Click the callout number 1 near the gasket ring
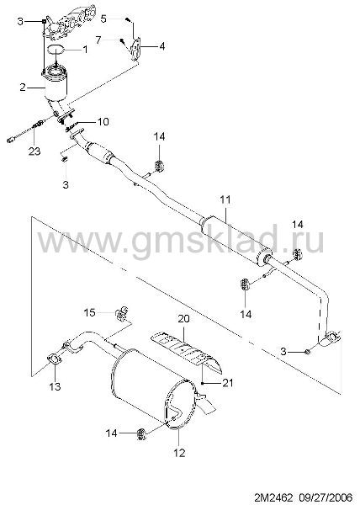85,50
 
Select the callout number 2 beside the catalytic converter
23,87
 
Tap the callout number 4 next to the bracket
162,46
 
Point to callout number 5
103,19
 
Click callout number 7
98,40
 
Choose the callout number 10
103,121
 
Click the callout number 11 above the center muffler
225,199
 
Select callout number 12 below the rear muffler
179,453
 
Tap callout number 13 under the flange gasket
55,386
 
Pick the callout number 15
90,312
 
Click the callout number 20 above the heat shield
183,319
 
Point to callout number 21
227,383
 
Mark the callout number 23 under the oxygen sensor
34,151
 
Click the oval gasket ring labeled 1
56,50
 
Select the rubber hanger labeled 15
121,313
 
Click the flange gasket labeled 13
55,359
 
